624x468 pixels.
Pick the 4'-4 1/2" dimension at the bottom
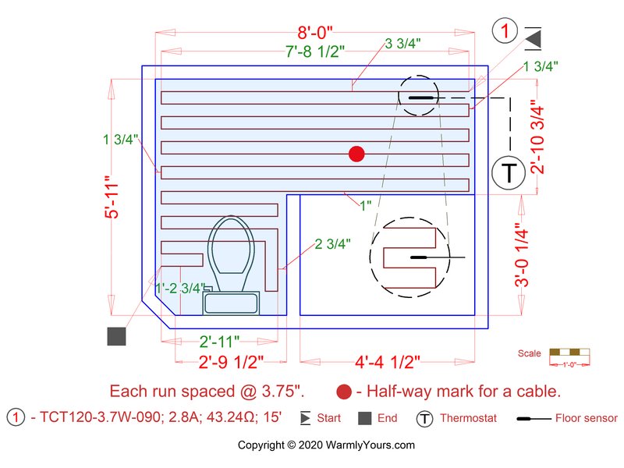(x=388, y=362)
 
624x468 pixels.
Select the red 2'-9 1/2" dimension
(x=232, y=362)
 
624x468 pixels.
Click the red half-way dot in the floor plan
(x=356, y=154)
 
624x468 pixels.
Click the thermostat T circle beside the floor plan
(x=509, y=172)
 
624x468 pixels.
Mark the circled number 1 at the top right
(x=505, y=31)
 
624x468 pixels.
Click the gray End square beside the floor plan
(x=116, y=336)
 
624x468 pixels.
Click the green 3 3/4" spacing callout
(x=403, y=43)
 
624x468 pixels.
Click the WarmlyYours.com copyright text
(x=326, y=445)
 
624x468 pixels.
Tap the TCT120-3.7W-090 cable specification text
(x=133, y=418)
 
